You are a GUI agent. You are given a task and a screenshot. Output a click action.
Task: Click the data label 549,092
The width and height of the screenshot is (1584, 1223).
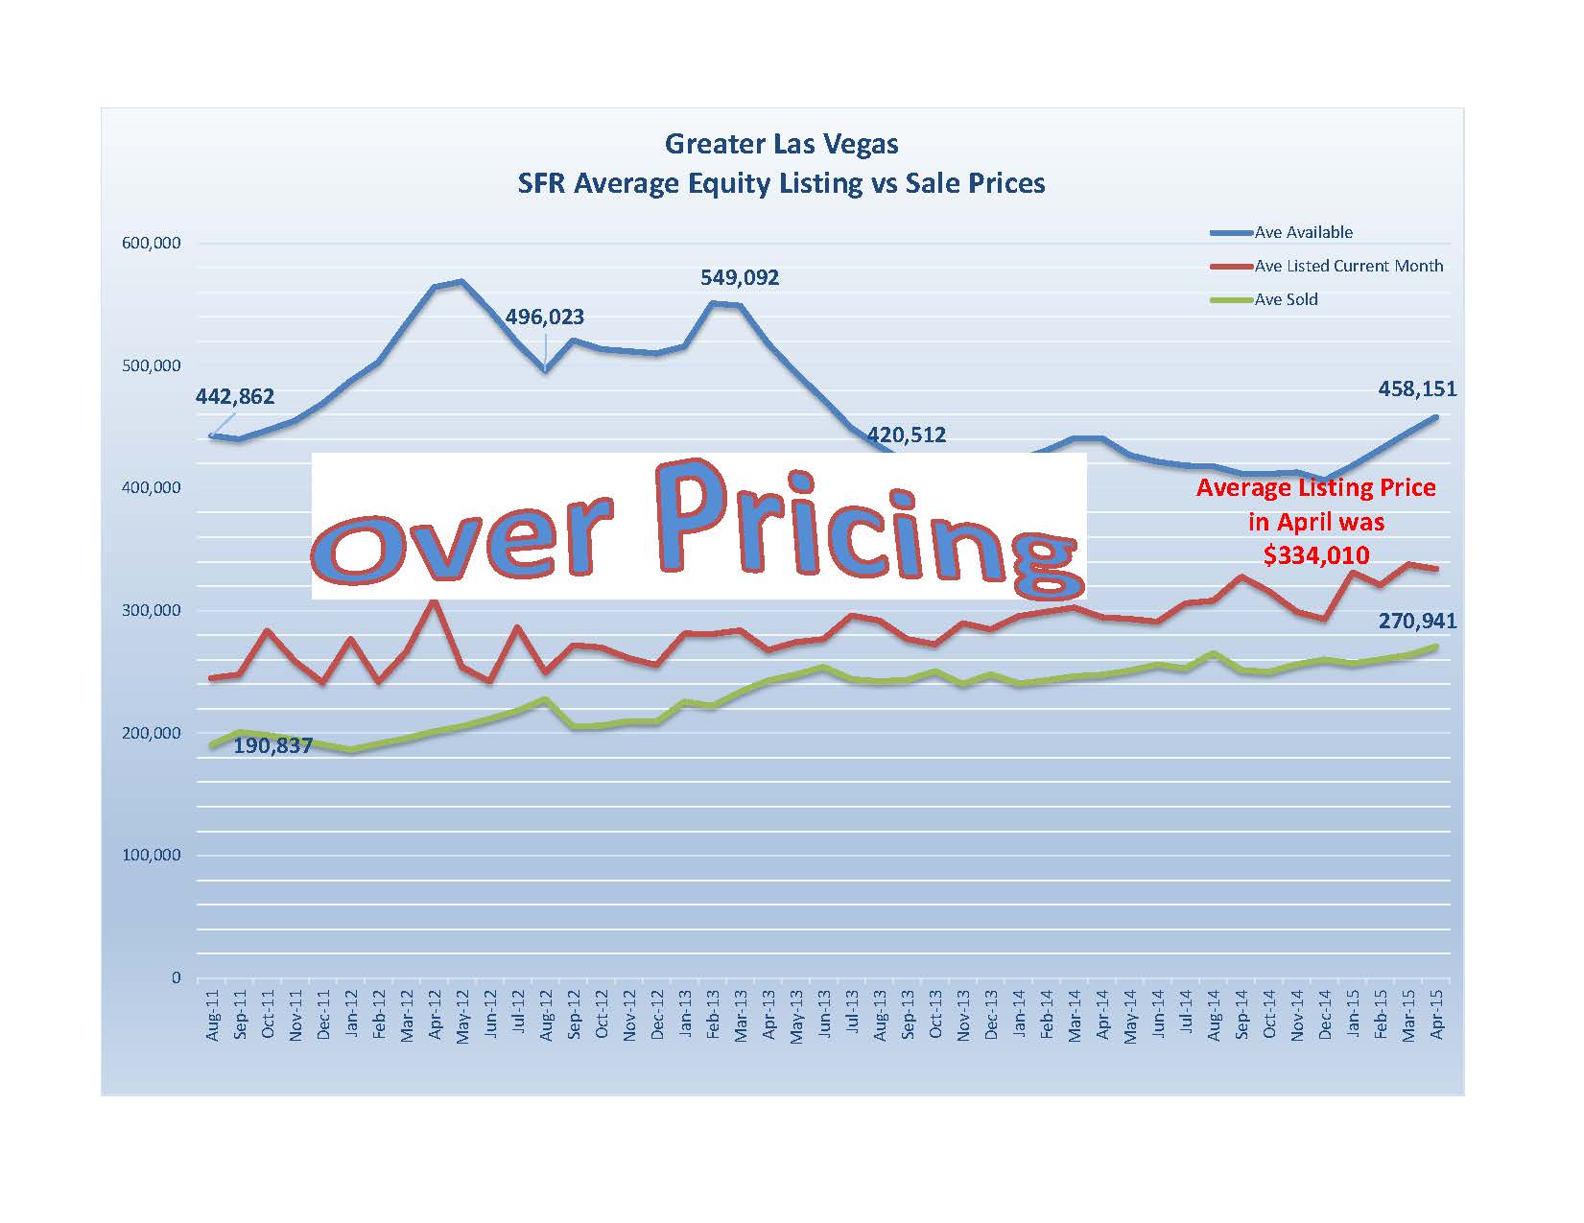click(739, 278)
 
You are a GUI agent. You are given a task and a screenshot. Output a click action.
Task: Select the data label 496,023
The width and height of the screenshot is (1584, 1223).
click(545, 317)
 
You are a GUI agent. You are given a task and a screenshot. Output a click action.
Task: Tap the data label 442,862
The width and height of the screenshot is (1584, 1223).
click(235, 396)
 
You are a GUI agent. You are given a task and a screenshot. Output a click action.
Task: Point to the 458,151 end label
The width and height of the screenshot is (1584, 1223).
click(1417, 388)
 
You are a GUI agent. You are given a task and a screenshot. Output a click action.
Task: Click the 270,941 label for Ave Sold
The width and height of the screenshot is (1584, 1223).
click(1417, 621)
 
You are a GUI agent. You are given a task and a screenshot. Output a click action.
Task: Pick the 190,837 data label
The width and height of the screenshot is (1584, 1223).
click(273, 745)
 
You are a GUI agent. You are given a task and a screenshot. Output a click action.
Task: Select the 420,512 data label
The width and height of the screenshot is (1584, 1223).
click(907, 435)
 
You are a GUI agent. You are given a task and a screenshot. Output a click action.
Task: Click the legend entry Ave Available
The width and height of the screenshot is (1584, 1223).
click(1303, 232)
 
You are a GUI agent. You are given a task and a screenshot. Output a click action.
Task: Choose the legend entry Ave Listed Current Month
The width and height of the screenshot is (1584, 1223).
click(1348, 266)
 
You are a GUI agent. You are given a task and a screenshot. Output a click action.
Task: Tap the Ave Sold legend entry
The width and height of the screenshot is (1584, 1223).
click(1286, 299)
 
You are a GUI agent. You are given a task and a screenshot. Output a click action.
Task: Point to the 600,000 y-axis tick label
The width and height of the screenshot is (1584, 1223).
click(152, 244)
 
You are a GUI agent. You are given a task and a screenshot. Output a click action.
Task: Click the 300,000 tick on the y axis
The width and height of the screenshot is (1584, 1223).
click(152, 610)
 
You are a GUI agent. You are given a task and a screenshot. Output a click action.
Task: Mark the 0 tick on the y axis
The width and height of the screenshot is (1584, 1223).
click(176, 977)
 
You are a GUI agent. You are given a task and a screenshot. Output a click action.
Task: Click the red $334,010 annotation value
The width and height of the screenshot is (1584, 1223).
click(1316, 554)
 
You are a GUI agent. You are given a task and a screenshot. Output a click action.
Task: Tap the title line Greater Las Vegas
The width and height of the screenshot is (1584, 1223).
click(781, 145)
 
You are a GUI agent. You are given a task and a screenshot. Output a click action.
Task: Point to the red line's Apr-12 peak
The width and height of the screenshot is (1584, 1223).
click(434, 600)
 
